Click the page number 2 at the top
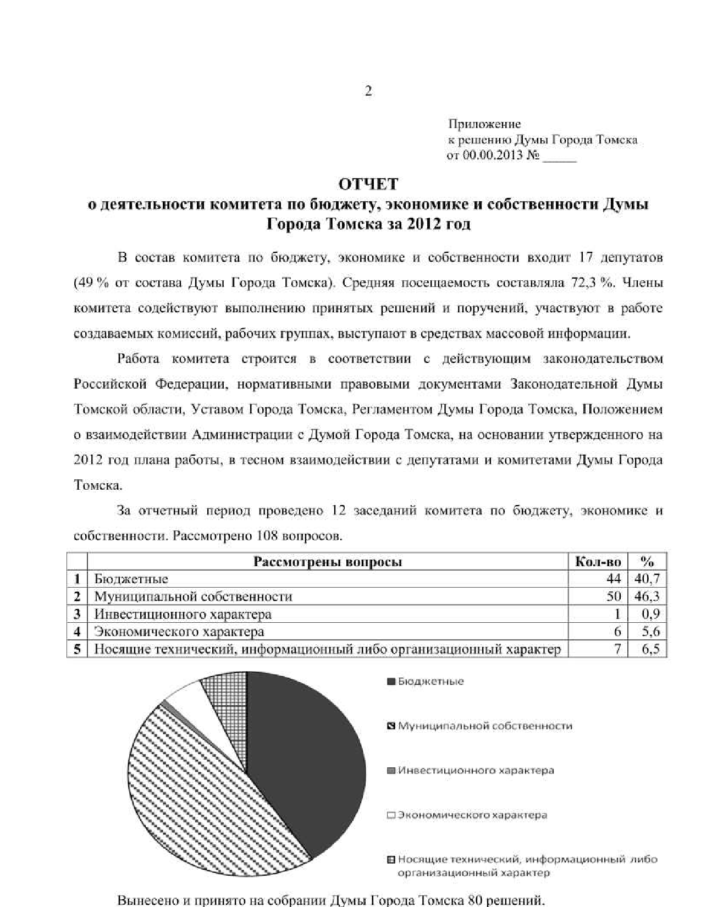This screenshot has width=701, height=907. [x=368, y=91]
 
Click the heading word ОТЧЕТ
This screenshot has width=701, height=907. [x=368, y=184]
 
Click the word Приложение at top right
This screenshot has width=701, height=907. [x=484, y=124]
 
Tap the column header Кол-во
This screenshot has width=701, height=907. [x=598, y=562]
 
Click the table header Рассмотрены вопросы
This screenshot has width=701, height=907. [x=327, y=562]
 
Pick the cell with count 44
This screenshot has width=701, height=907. [x=613, y=579]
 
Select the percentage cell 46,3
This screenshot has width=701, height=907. [x=647, y=596]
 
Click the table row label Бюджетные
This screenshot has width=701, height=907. [x=131, y=579]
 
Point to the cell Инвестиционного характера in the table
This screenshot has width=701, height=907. [x=183, y=614]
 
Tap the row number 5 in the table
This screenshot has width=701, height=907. [x=78, y=649]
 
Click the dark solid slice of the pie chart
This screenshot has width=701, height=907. [x=308, y=764]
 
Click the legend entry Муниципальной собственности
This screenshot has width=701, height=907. [x=484, y=726]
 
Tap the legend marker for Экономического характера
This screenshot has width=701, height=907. [x=391, y=815]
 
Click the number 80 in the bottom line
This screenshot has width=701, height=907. [x=474, y=900]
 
